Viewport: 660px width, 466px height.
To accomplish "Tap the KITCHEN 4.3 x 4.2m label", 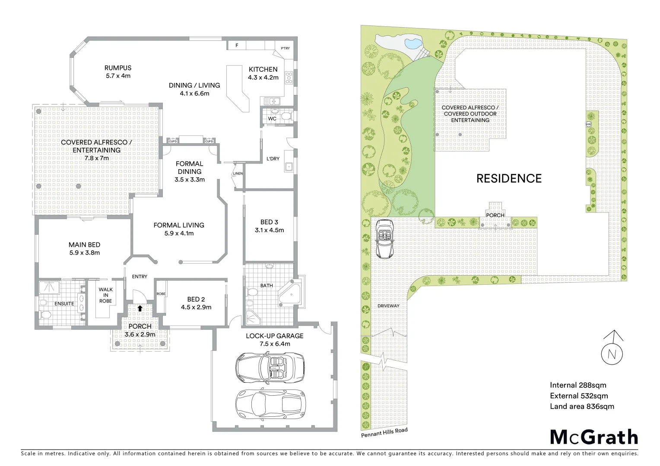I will click(x=263, y=73).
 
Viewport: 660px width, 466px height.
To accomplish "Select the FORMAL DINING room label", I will click(x=189, y=167).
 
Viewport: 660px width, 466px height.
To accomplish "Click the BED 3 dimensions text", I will click(x=270, y=230).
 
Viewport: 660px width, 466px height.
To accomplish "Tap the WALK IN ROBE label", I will click(x=105, y=295).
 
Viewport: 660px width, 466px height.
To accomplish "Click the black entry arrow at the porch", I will click(x=140, y=308).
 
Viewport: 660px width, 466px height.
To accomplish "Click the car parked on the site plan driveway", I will click(x=384, y=238).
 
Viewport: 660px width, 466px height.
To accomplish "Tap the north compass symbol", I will click(x=612, y=352).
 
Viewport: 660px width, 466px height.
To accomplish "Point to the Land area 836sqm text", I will click(x=581, y=406).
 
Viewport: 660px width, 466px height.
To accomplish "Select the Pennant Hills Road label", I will click(x=384, y=432).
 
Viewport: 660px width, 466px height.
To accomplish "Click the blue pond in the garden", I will click(x=412, y=43).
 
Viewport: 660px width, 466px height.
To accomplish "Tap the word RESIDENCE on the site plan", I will click(x=509, y=178).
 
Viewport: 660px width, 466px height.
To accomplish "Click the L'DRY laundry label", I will click(x=273, y=158).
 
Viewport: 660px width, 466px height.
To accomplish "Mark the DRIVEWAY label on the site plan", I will click(x=388, y=306).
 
